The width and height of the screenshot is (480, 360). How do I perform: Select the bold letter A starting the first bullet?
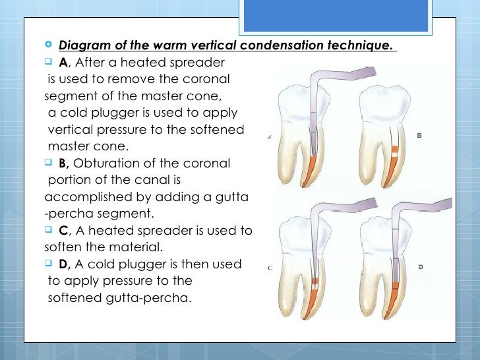[x=63, y=63]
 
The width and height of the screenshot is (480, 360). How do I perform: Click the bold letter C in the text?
[x=63, y=231]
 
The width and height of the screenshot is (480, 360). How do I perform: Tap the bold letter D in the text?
[x=63, y=264]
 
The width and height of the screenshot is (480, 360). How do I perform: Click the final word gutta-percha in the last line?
[x=150, y=298]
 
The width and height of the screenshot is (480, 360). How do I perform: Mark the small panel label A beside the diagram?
[x=270, y=138]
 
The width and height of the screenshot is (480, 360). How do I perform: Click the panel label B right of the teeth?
[x=419, y=136]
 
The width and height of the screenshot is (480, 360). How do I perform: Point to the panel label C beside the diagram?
[x=270, y=268]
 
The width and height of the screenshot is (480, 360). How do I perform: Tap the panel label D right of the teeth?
[x=420, y=266]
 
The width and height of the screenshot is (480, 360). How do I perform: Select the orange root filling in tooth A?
[x=308, y=173]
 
